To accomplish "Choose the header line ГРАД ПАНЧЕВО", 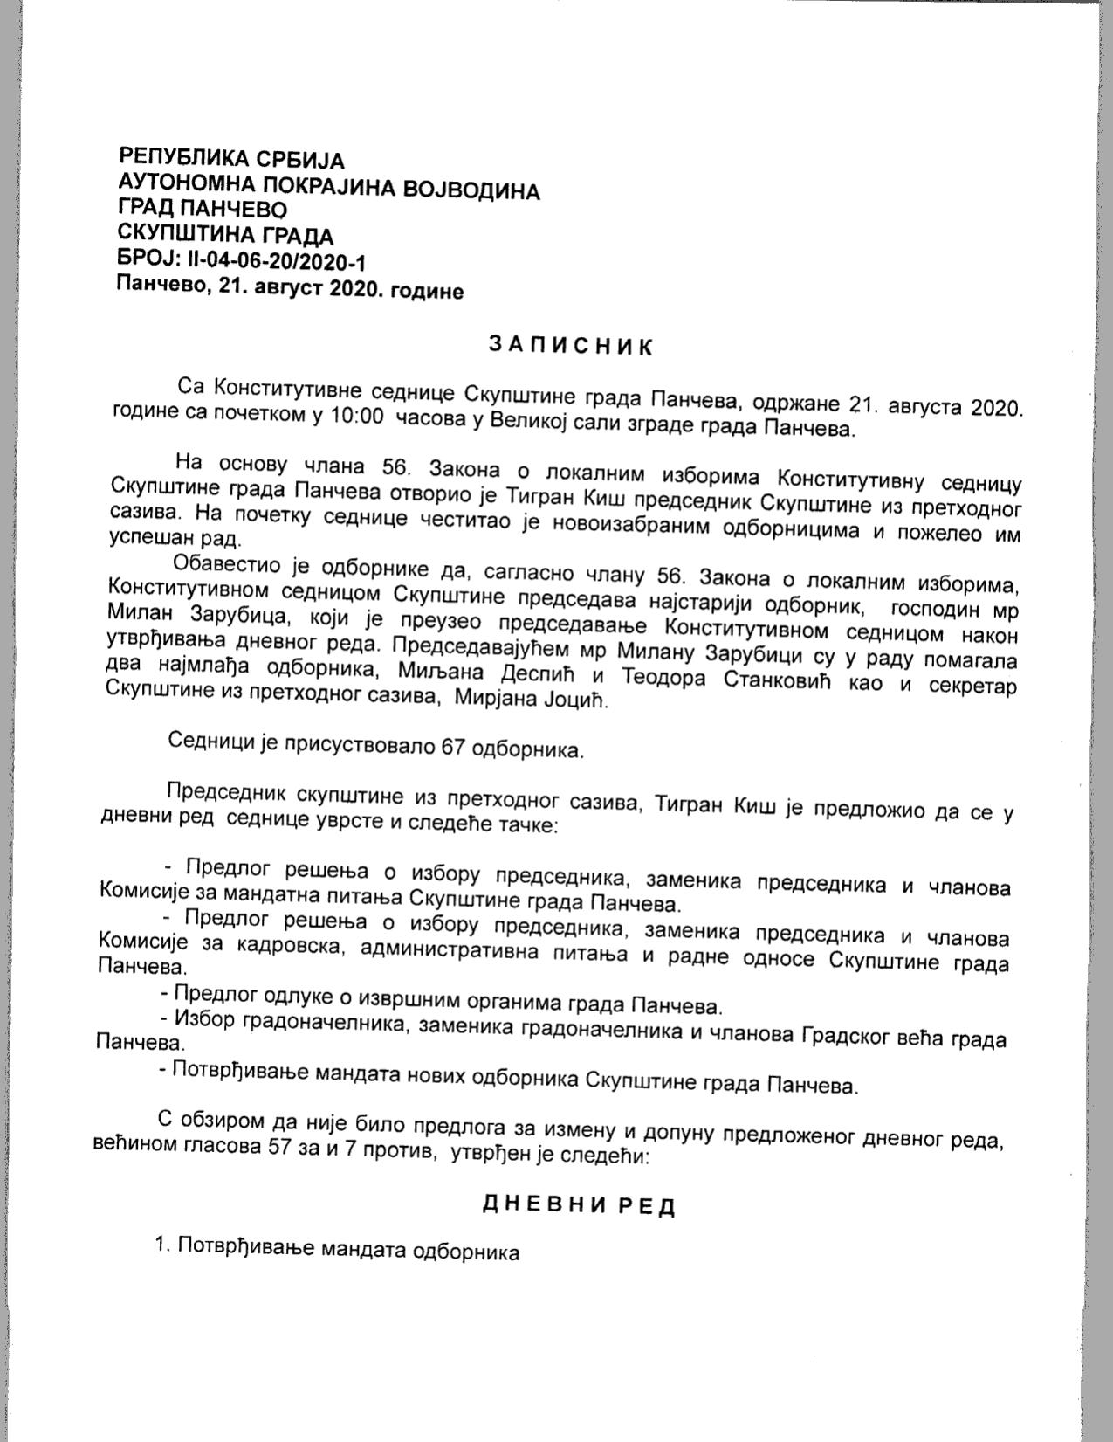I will click(x=202, y=210).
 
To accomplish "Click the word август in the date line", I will click(x=286, y=290).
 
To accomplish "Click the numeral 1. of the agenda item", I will click(x=162, y=1244).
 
